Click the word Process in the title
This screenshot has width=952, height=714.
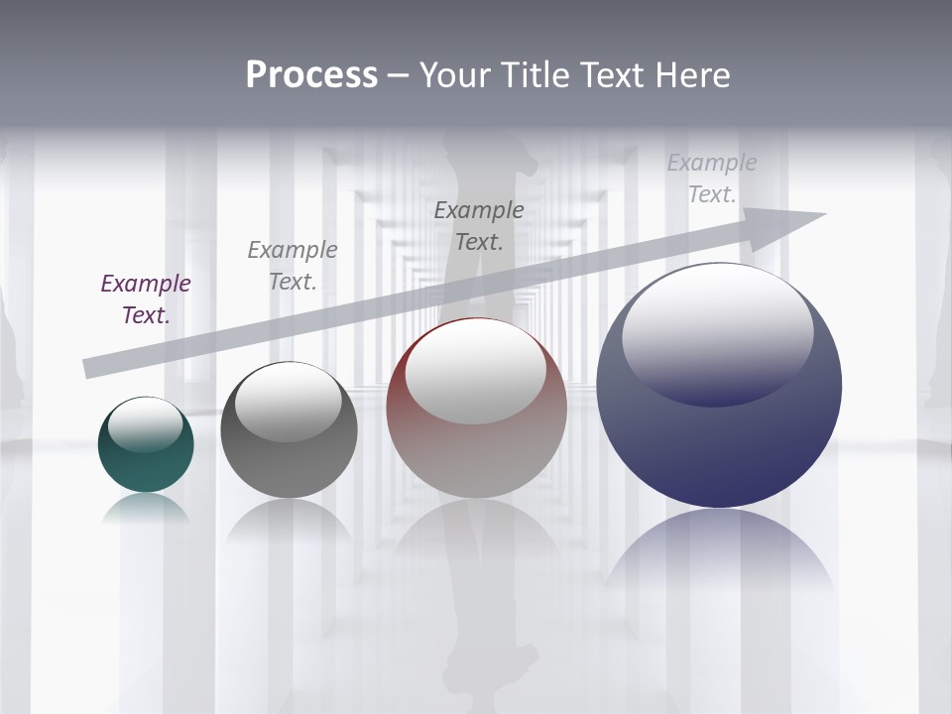click(x=311, y=75)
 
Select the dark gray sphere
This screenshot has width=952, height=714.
click(x=289, y=461)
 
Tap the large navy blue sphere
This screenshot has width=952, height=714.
click(x=719, y=446)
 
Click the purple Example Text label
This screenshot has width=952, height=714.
click(x=146, y=299)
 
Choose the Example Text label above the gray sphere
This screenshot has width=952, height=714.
click(x=293, y=266)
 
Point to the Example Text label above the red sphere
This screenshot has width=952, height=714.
click(x=479, y=226)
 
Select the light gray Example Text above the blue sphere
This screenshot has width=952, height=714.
click(x=712, y=178)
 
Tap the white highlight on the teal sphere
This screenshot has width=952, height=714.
click(x=145, y=423)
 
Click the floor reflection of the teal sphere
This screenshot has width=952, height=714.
click(x=146, y=509)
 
